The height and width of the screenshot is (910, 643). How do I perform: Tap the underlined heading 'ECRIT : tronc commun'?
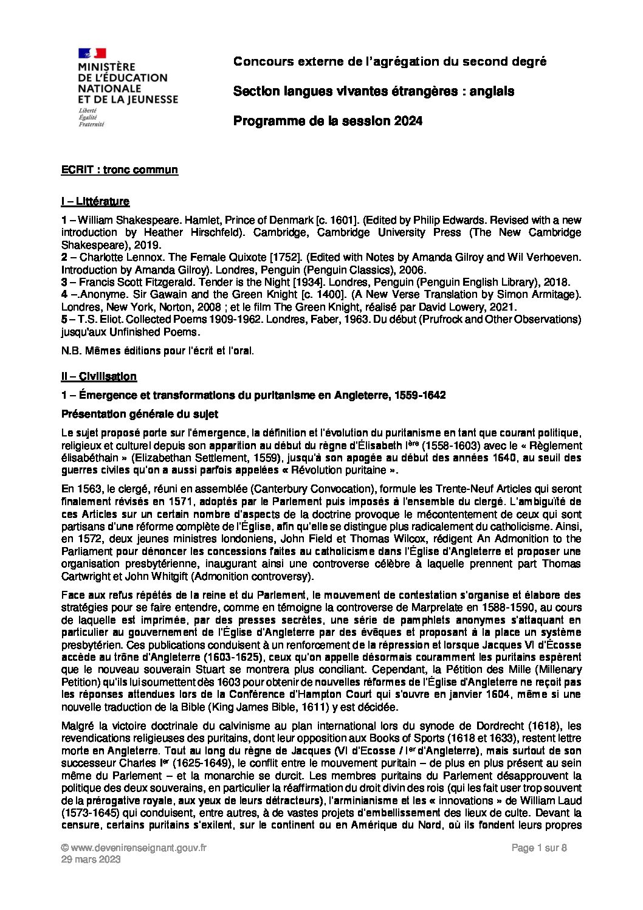[120, 170]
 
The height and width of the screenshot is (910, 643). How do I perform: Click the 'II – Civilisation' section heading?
[99, 376]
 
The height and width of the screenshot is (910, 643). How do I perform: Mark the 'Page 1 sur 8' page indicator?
[540, 848]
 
